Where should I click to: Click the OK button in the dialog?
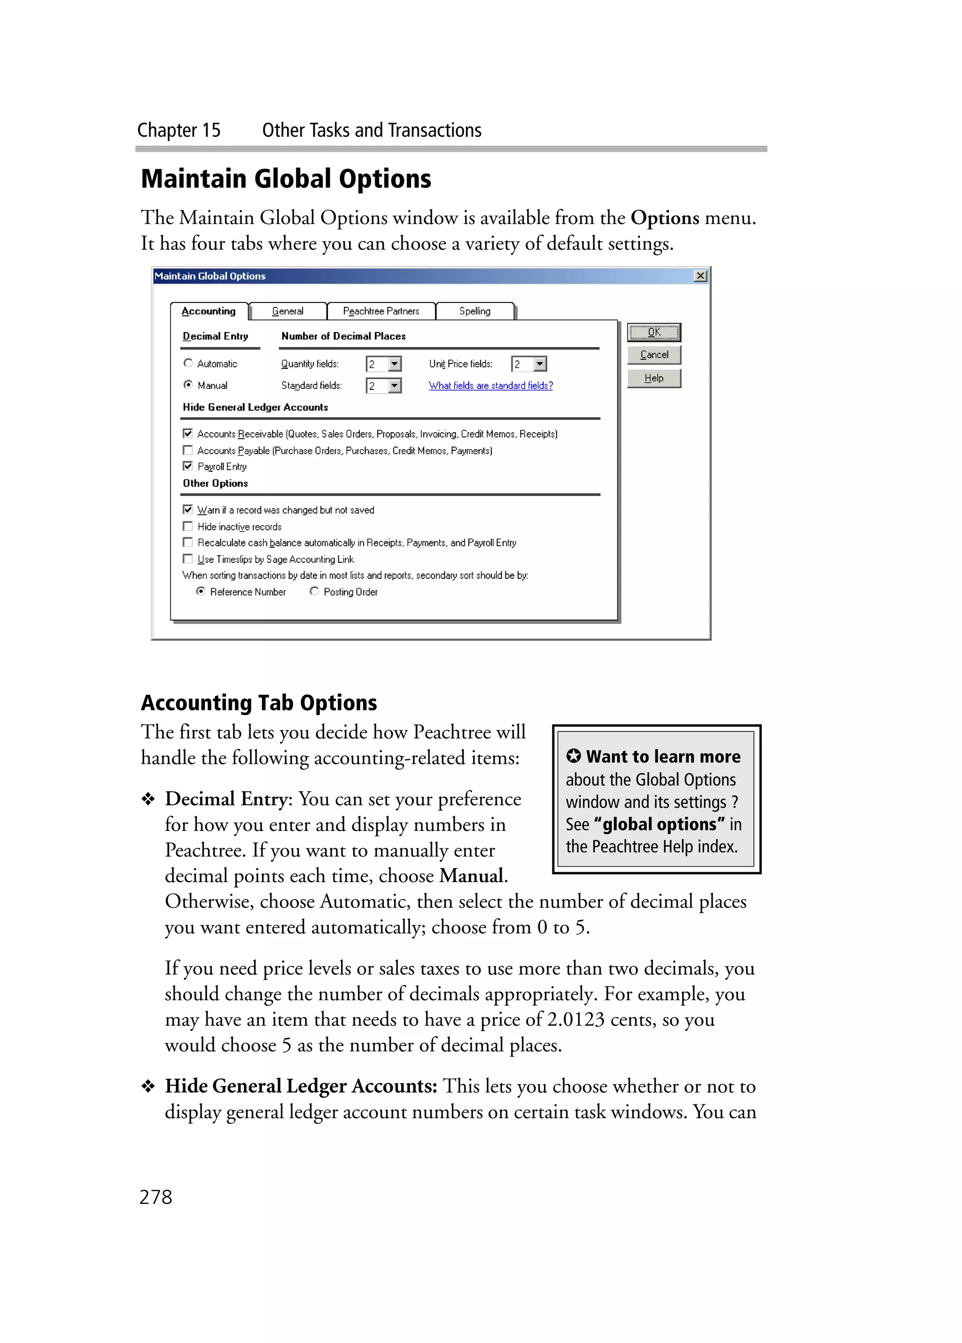pyautogui.click(x=653, y=332)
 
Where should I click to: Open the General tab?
pyautogui.click(x=288, y=311)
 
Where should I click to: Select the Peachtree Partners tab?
pyautogui.click(x=380, y=311)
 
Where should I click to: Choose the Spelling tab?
pyautogui.click(x=475, y=311)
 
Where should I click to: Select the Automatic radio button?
pyautogui.click(x=188, y=363)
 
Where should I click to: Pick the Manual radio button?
pyautogui.click(x=188, y=385)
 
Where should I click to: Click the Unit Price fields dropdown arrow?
pyautogui.click(x=540, y=364)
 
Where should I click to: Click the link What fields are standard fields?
pyautogui.click(x=491, y=386)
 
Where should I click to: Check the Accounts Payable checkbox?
pyautogui.click(x=188, y=450)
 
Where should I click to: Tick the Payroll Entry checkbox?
pyautogui.click(x=188, y=466)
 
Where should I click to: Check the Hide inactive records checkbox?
pyautogui.click(x=188, y=526)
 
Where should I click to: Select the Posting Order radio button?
pyautogui.click(x=314, y=591)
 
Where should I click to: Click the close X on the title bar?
pyautogui.click(x=700, y=276)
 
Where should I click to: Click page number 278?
pyautogui.click(x=155, y=1197)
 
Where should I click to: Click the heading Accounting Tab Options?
pyautogui.click(x=259, y=703)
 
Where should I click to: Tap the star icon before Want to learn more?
pyautogui.click(x=573, y=756)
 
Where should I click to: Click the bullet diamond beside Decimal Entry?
pyautogui.click(x=148, y=800)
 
